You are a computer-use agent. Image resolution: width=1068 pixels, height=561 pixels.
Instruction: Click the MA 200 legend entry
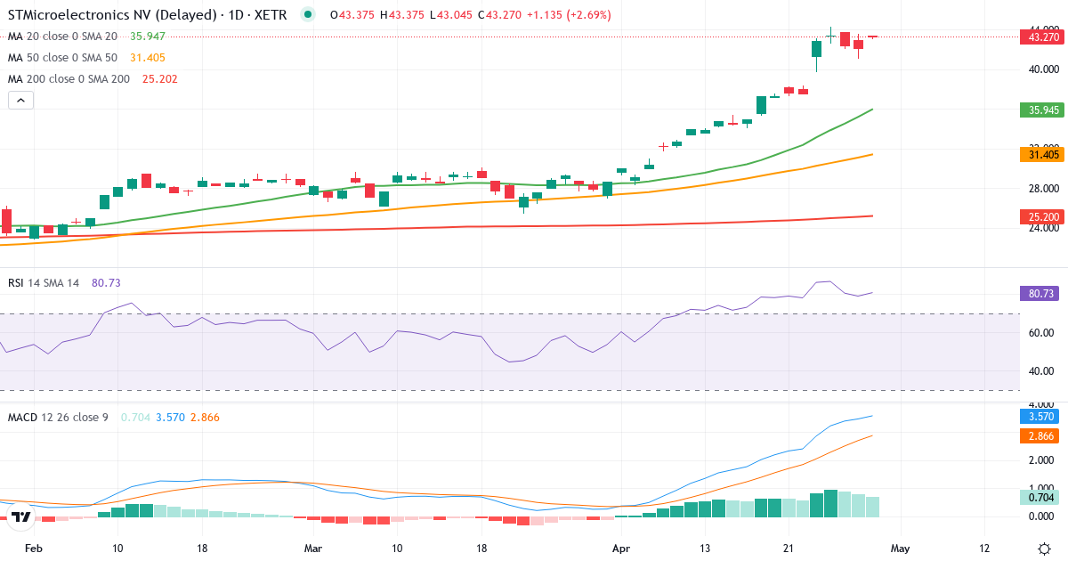tap(69, 79)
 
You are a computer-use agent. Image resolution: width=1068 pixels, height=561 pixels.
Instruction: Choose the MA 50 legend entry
tap(62, 58)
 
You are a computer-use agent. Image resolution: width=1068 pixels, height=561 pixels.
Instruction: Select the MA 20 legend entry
tap(62, 37)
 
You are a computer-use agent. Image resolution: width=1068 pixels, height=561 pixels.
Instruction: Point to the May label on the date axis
tap(901, 549)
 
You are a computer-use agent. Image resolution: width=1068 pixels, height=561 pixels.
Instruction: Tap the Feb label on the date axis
tap(33, 549)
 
